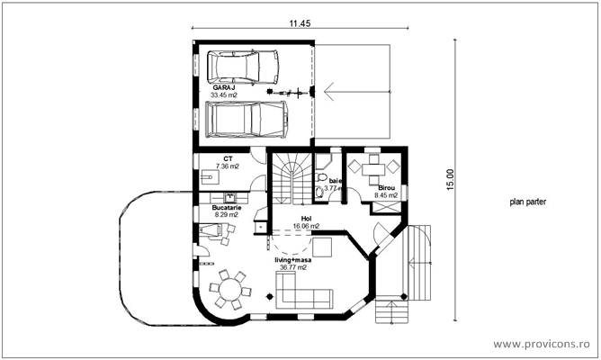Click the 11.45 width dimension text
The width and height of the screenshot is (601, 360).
coord(300,23)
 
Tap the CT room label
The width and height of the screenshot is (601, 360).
coord(229,159)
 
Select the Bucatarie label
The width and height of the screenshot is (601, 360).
coord(226,207)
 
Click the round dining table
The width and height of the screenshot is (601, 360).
coord(229,289)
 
